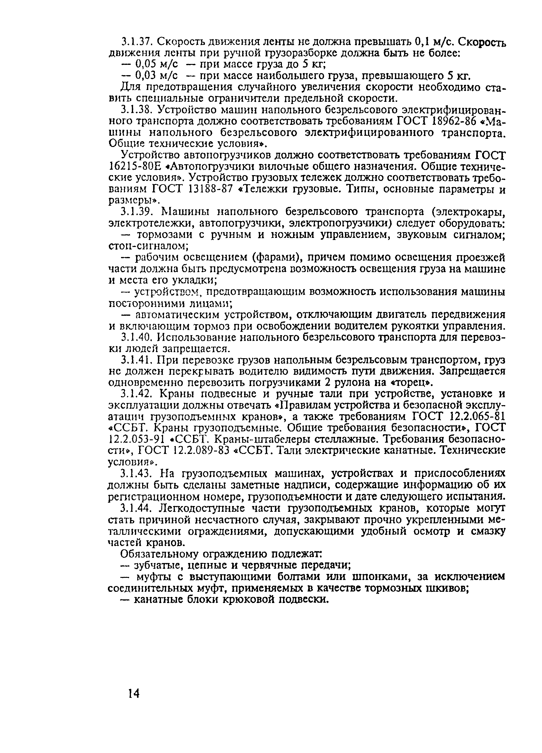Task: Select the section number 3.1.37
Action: point(136,42)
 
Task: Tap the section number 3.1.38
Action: point(136,110)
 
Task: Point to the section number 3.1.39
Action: point(136,211)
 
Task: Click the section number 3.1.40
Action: point(136,337)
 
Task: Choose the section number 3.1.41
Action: point(136,360)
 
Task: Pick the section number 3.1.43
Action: point(137,473)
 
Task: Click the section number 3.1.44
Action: point(137,507)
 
